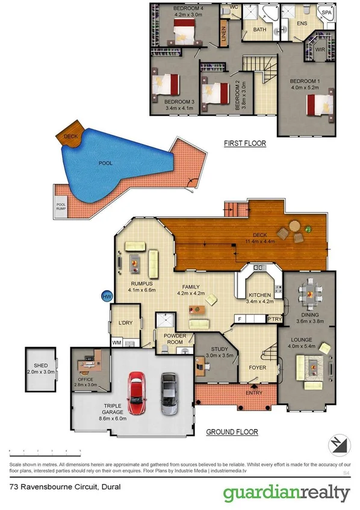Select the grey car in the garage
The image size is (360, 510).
[169, 393]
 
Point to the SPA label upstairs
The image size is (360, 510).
[326, 12]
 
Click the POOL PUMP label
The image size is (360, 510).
[61, 206]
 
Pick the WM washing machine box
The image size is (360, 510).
[116, 343]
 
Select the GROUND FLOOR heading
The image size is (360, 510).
[232, 432]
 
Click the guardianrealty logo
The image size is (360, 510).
[286, 494]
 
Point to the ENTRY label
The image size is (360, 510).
[254, 393]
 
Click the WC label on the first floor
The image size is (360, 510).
[234, 8]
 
